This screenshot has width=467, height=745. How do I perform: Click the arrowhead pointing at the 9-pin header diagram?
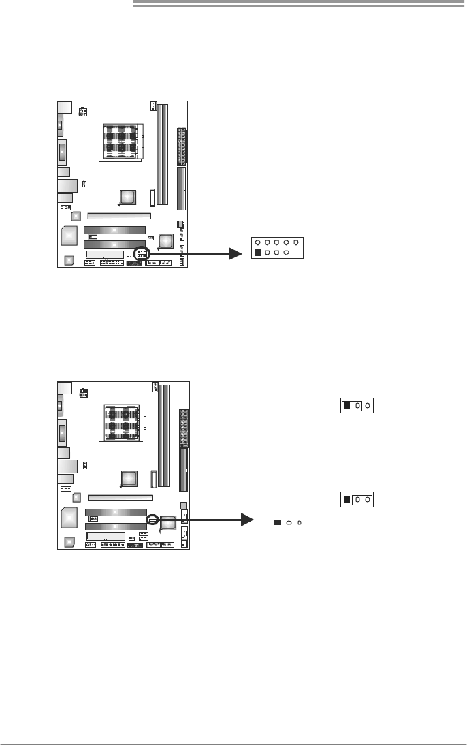236,253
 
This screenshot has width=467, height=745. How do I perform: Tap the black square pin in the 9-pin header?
257,253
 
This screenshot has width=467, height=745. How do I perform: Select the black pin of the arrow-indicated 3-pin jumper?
278,523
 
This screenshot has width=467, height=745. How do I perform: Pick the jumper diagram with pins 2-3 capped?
357,499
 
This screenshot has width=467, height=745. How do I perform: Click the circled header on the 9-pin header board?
142,253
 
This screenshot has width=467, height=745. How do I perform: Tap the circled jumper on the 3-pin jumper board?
152,519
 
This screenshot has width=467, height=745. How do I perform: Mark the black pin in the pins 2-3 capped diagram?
347,499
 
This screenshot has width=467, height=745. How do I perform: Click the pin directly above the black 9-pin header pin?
257,241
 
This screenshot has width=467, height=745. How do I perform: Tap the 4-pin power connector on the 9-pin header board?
83,111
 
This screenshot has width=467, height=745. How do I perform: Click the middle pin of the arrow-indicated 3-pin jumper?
289,523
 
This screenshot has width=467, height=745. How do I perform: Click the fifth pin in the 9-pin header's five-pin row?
296,241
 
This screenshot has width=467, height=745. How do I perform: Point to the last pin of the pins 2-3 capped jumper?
368,499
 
